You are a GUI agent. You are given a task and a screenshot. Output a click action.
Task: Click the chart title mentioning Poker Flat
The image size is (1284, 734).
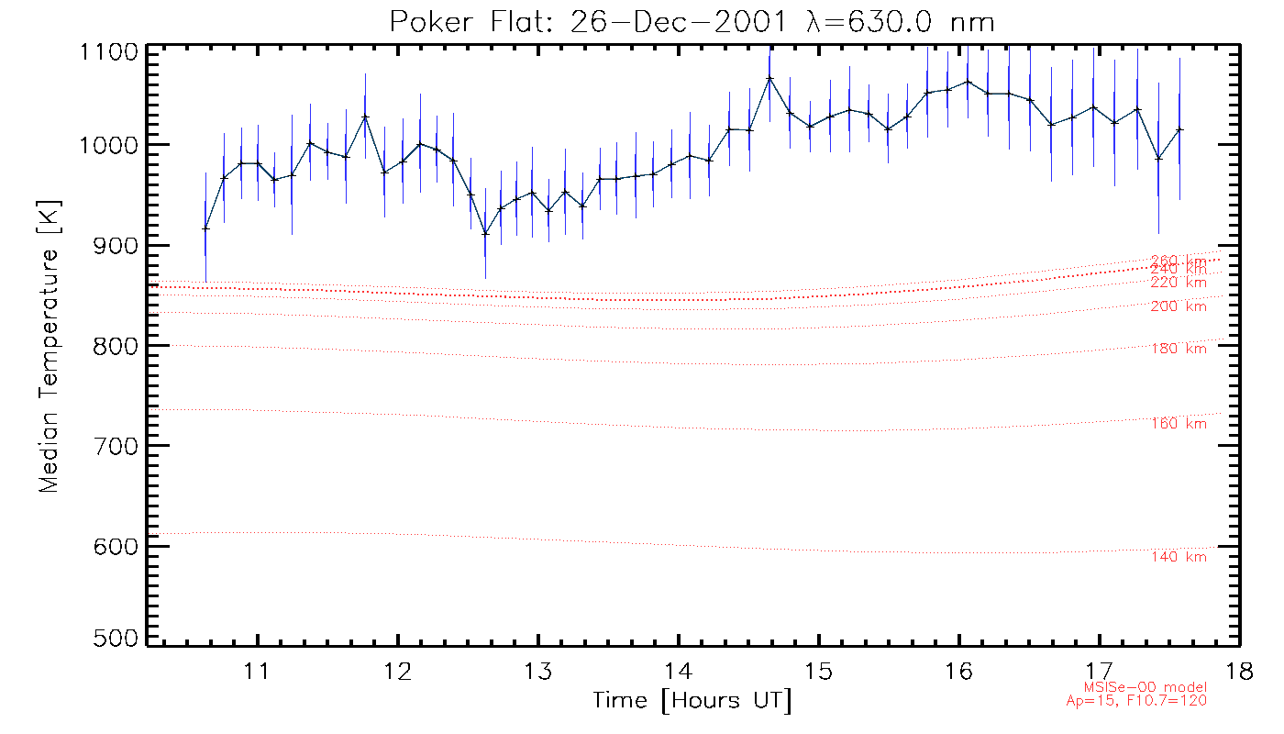pyautogui.click(x=692, y=22)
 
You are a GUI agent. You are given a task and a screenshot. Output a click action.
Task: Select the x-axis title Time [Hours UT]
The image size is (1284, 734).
pyautogui.click(x=692, y=701)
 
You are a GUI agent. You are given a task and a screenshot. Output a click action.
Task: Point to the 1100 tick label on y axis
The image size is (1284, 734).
pyautogui.click(x=109, y=51)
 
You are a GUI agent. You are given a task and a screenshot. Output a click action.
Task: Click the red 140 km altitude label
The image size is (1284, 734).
pyautogui.click(x=1179, y=557)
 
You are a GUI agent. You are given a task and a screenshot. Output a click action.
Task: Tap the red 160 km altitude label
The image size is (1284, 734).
pyautogui.click(x=1179, y=424)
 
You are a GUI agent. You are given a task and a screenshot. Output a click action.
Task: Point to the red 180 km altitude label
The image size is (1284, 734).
pyautogui.click(x=1179, y=349)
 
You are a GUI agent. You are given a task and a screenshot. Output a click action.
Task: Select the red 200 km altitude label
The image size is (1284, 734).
pyautogui.click(x=1179, y=306)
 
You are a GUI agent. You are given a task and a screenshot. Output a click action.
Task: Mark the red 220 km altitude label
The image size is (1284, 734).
pyautogui.click(x=1179, y=283)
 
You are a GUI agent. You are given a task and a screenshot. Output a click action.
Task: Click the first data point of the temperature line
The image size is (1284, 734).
pyautogui.click(x=205, y=228)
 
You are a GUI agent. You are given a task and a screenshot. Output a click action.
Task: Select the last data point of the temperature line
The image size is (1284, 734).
pyautogui.click(x=1179, y=130)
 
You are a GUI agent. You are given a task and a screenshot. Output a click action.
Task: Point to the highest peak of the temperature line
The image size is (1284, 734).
pyautogui.click(x=769, y=78)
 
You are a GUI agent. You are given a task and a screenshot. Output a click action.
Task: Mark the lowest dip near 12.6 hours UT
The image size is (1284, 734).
pyautogui.click(x=485, y=233)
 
